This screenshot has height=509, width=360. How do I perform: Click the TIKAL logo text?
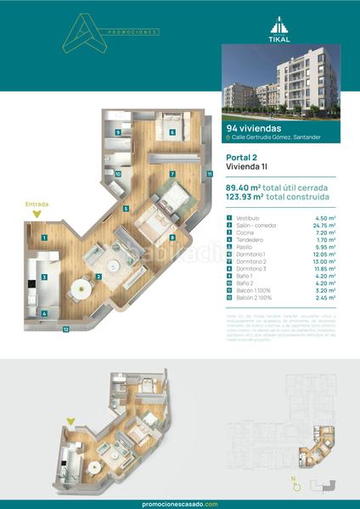(x=290, y=37)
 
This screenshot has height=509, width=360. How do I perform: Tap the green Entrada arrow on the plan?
(x=36, y=214)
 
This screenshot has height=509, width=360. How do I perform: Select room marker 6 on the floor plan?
(x=172, y=132)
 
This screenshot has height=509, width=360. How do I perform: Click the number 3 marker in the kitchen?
(x=44, y=276)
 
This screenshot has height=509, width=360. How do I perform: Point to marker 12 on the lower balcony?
(x=65, y=329)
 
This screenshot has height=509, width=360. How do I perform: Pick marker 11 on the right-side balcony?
(x=209, y=175)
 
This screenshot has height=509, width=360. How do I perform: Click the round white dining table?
(x=79, y=287)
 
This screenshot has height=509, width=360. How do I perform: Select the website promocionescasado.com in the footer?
(x=180, y=503)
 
